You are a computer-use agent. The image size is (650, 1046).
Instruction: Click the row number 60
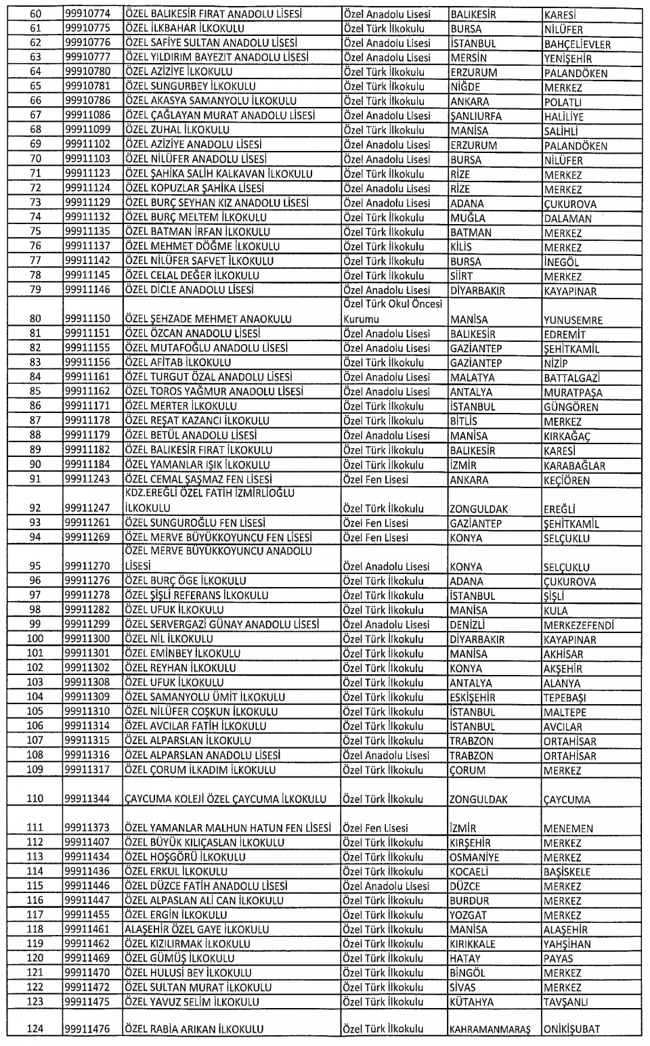[35, 14]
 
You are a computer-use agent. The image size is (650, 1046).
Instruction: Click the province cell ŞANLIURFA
[476, 116]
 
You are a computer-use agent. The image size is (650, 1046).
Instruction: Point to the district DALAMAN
[567, 219]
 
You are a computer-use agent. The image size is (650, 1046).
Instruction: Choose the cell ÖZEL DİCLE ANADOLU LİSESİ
[190, 290]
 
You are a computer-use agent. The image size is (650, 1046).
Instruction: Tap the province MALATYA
[472, 378]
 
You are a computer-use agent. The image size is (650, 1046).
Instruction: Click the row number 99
[35, 624]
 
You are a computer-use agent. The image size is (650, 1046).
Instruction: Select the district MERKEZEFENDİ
[578, 625]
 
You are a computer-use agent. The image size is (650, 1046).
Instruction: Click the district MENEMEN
[568, 828]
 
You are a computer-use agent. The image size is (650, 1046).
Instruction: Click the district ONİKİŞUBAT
[571, 1029]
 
